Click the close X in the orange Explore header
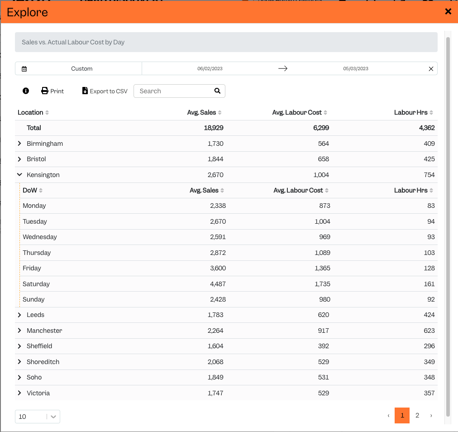click(448, 11)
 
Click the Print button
click(52, 91)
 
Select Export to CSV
click(105, 91)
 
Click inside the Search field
click(175, 91)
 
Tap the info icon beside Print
click(26, 91)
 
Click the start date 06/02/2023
click(210, 69)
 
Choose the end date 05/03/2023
click(355, 69)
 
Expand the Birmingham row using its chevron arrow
click(19, 144)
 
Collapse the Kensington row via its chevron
click(19, 175)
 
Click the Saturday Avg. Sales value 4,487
click(218, 284)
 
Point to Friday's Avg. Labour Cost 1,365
click(323, 268)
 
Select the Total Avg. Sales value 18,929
click(214, 128)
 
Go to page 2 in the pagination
click(417, 415)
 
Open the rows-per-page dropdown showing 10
click(38, 417)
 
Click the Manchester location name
click(44, 331)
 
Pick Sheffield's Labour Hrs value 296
click(429, 346)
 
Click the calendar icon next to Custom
click(24, 69)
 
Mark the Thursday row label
click(37, 253)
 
